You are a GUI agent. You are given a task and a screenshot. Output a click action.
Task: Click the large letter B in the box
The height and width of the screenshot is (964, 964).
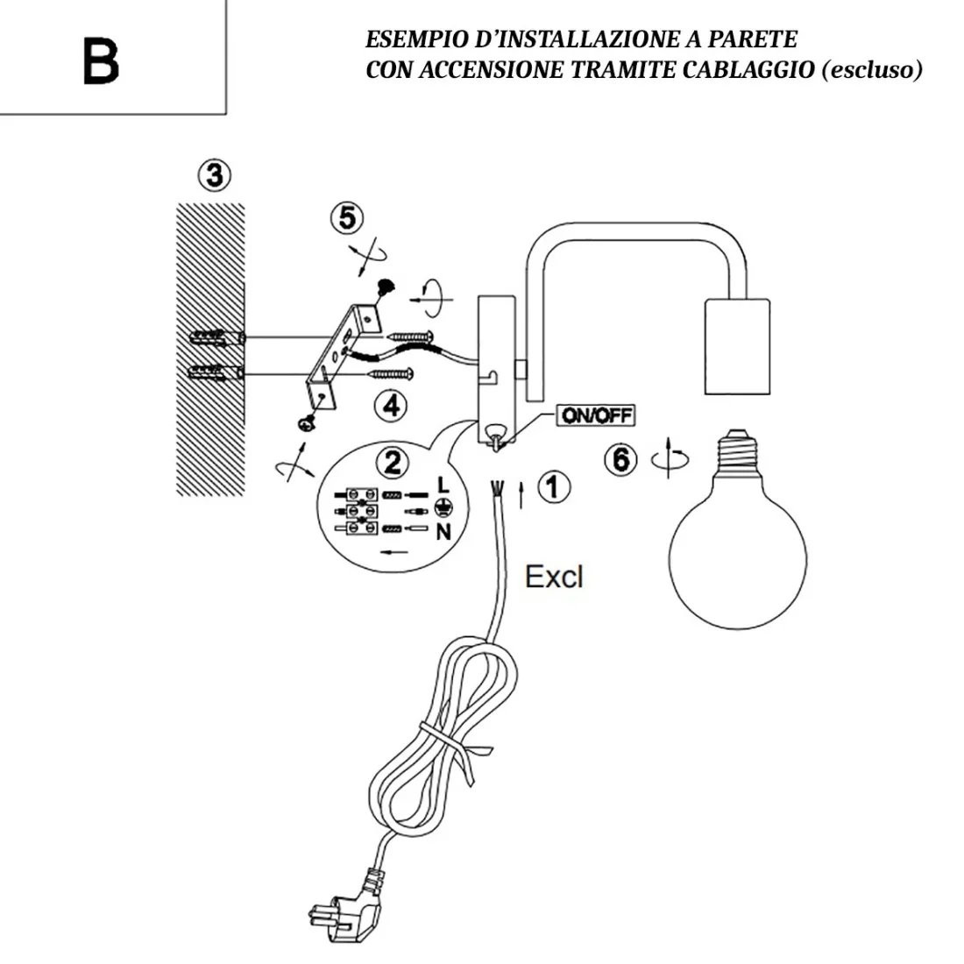(x=101, y=60)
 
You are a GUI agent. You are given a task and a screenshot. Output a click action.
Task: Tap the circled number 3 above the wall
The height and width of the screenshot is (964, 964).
(x=213, y=175)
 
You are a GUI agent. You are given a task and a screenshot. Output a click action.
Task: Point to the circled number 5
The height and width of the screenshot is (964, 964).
(x=348, y=217)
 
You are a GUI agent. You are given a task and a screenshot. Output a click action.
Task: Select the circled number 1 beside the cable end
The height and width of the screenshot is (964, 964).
(x=553, y=487)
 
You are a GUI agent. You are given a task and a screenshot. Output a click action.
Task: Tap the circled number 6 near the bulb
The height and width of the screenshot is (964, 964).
(x=621, y=458)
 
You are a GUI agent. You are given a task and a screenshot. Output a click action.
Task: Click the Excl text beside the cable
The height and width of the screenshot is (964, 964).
(x=553, y=577)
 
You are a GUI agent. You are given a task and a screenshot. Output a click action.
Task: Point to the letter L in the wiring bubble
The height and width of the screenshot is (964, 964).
(x=443, y=485)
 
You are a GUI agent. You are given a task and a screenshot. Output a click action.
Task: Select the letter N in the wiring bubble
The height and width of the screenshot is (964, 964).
(x=443, y=531)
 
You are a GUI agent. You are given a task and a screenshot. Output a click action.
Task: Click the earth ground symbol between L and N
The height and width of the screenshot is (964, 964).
(x=443, y=507)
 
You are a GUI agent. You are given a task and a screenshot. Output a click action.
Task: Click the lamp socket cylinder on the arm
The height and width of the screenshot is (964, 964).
(x=736, y=345)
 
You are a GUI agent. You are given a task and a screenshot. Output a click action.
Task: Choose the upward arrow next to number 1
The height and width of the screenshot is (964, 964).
(x=523, y=493)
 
